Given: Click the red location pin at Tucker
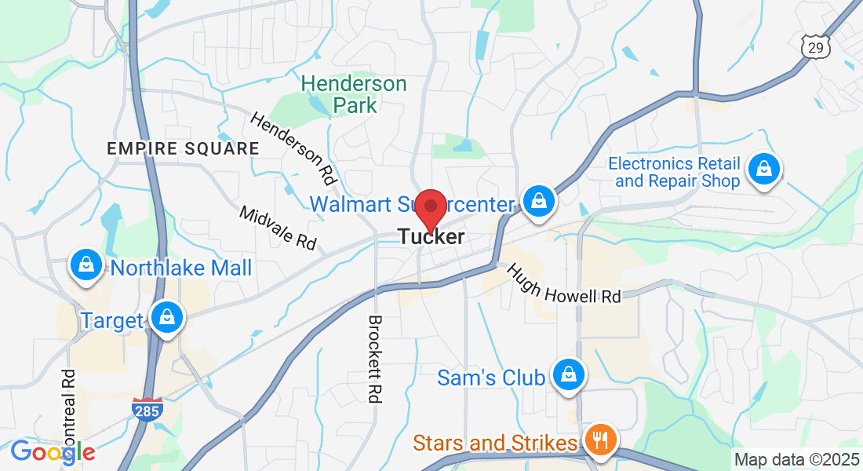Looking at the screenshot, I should tap(431, 207).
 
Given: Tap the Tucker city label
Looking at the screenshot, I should tap(431, 236).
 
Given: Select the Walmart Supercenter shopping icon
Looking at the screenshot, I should tap(539, 201).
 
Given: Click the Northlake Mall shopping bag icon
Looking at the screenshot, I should tap(86, 266).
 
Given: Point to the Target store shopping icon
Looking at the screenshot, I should tap(166, 318).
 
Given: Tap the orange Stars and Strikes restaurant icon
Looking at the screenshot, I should tap(601, 440).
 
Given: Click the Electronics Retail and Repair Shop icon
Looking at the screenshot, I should tap(763, 168).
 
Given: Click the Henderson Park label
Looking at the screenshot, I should tap(354, 94).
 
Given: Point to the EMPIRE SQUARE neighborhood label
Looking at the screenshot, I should tap(183, 148).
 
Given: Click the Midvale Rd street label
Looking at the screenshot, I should tap(278, 228).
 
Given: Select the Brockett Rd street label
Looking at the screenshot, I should tap(375, 359).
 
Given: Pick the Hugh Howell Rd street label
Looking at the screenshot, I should tap(563, 283).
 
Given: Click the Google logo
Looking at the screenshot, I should tap(53, 452).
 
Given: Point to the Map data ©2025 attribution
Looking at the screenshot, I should tap(796, 460).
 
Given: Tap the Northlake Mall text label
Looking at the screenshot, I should tap(181, 268).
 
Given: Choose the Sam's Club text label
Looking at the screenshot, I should tap(491, 378).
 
